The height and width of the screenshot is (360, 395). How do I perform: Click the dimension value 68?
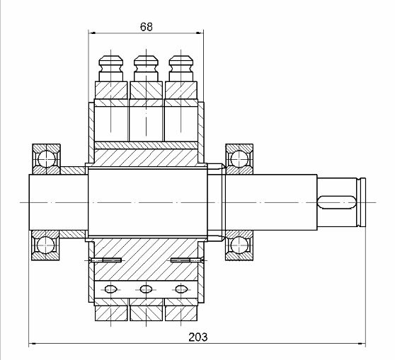coord(147,26)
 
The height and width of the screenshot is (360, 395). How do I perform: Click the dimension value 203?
coord(198,337)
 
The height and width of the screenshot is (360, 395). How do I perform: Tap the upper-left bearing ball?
coord(47,159)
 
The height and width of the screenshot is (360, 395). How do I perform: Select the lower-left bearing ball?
coord(45,245)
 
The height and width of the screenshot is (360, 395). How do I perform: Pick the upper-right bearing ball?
coord(239,159)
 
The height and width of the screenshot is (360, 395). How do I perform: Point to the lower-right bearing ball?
coord(239,245)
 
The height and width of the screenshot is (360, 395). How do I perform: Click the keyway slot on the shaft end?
coord(336,202)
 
